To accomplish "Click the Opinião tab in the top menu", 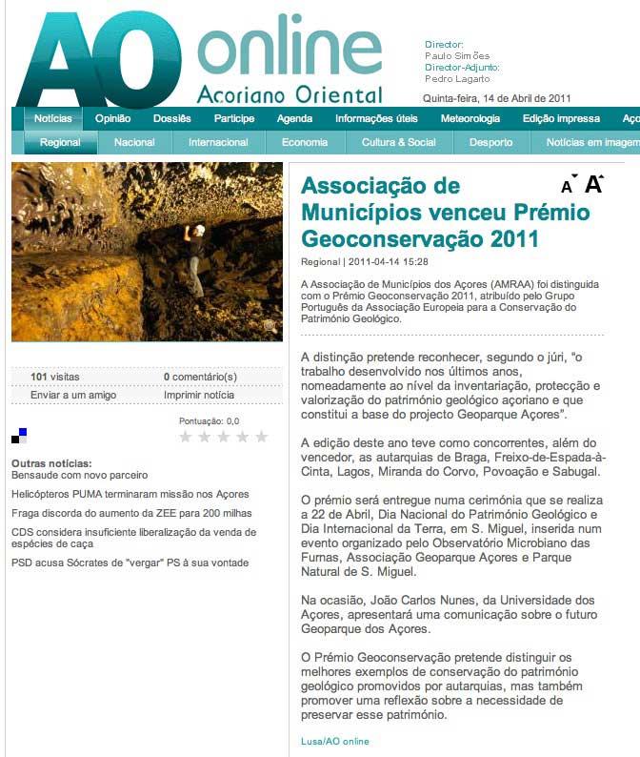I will tap(113, 119).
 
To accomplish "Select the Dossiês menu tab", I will tap(172, 119).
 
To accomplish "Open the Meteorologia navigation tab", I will tap(470, 119).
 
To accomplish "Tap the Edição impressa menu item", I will tap(561, 119).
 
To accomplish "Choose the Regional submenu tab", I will tap(60, 142).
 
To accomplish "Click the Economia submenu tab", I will tap(305, 142).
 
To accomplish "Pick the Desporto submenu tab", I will tap(490, 142).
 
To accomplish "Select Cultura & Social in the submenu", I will tap(398, 142).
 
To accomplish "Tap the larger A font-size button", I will tap(593, 185).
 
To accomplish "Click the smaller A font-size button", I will tap(568, 187).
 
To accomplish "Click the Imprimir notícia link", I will tap(199, 395).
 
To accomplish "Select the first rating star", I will tap(187, 437).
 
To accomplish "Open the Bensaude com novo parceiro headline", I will tap(79, 475).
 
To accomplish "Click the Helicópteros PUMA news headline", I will tap(130, 494).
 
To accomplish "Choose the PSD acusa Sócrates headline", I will tap(130, 563).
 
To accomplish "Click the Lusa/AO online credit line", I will tap(334, 741).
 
